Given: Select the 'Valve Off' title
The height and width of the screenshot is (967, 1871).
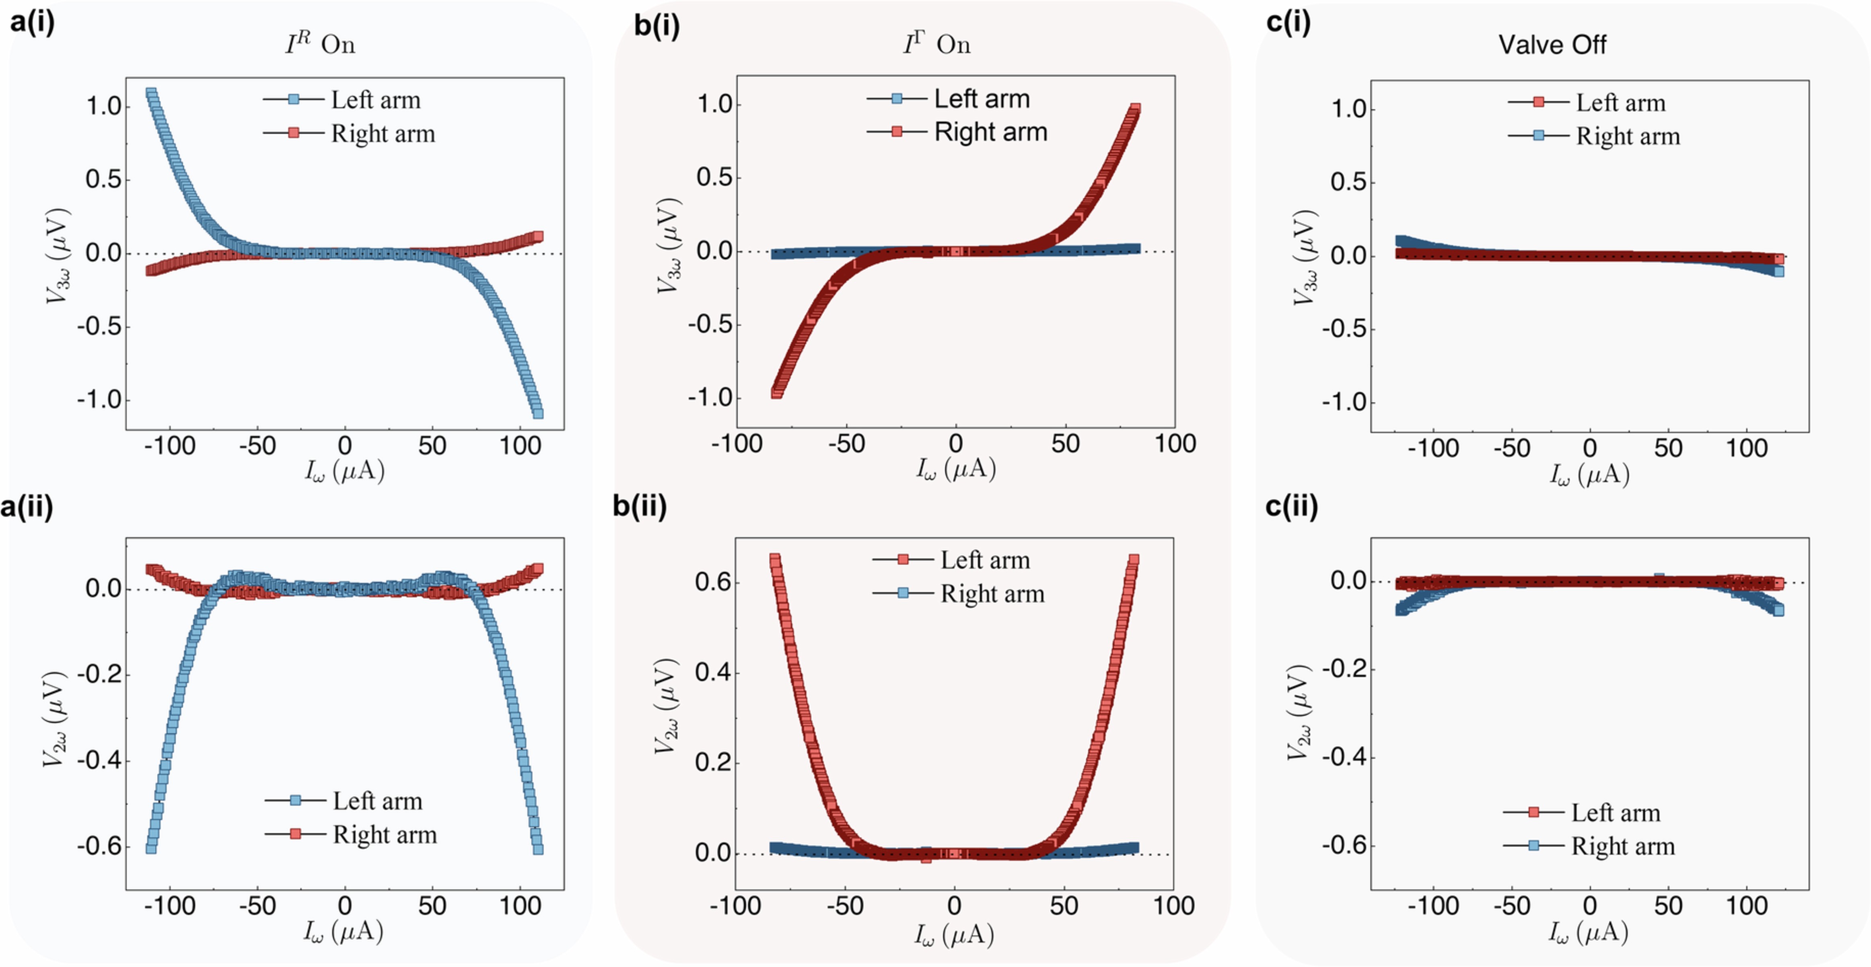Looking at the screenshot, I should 1552,45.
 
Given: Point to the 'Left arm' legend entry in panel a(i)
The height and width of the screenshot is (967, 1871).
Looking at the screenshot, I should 375,100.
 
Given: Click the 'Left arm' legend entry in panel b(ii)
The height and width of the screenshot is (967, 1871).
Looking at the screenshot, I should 985,560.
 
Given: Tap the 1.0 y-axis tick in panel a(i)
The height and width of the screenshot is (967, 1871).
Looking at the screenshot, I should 104,107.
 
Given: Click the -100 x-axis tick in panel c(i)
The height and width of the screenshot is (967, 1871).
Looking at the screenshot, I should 1433,449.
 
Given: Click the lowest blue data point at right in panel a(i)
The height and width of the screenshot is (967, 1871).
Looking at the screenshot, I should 537,413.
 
